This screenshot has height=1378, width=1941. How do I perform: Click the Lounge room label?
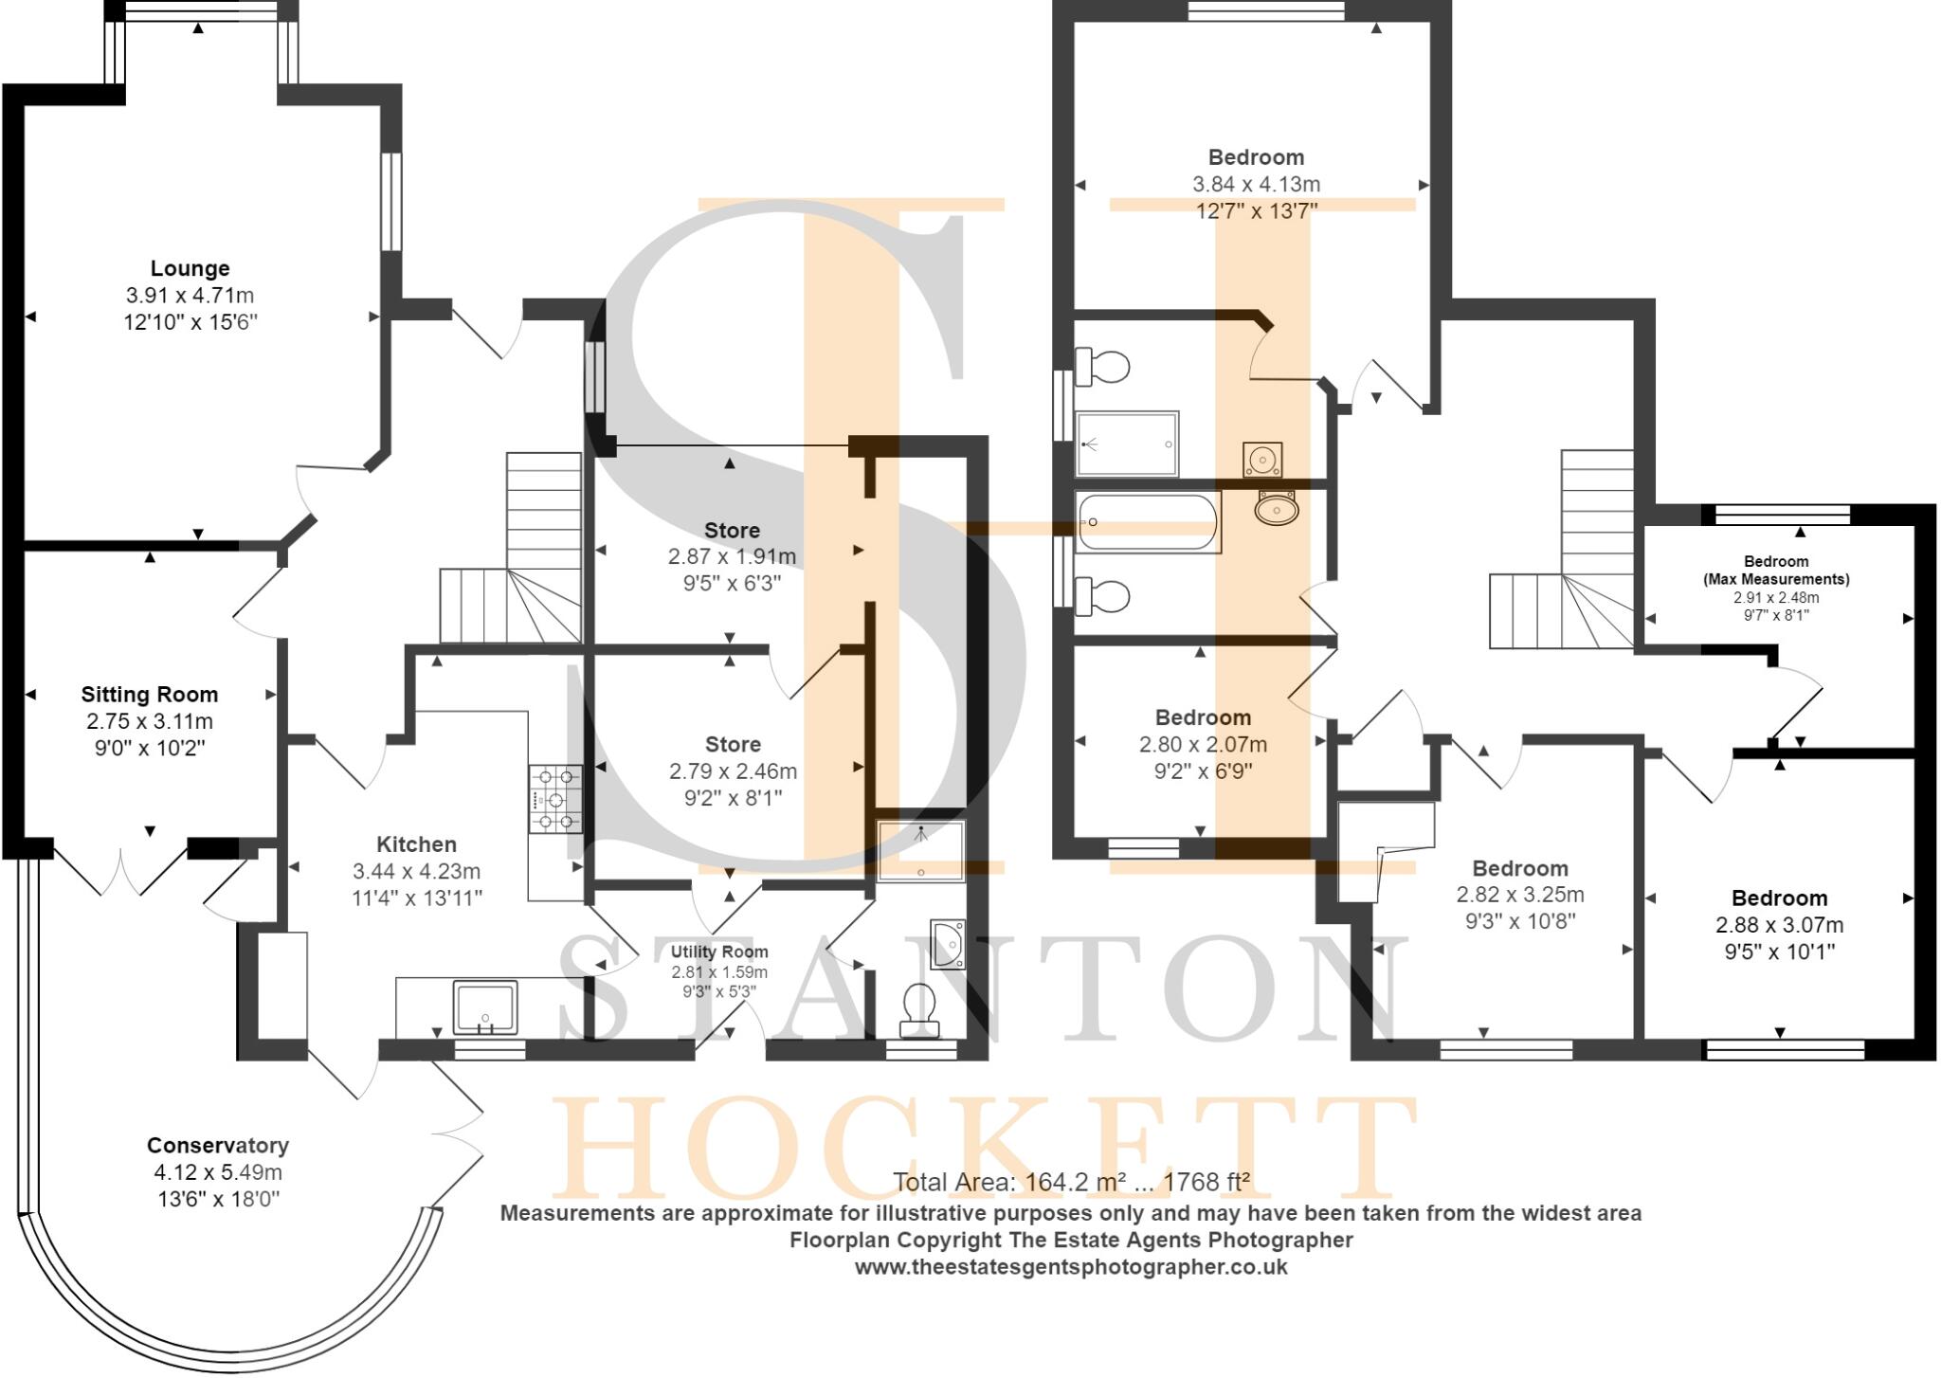(x=190, y=268)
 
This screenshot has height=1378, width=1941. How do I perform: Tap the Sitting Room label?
(x=150, y=694)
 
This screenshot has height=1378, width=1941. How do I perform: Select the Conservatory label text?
(x=218, y=1145)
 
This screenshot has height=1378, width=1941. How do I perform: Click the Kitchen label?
(x=416, y=843)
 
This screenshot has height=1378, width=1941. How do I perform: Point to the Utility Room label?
(x=719, y=952)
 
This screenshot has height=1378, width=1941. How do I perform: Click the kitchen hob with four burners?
(x=555, y=799)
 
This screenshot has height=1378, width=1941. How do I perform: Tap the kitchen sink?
(x=485, y=1007)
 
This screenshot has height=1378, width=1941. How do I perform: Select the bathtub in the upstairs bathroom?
(x=1149, y=522)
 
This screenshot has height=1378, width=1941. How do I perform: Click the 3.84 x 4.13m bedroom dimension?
(x=1256, y=184)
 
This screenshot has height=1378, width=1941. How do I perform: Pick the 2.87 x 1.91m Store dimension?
(x=732, y=556)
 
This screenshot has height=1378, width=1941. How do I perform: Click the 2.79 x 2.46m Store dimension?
(x=733, y=771)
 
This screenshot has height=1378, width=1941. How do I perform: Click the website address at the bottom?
(x=1071, y=1266)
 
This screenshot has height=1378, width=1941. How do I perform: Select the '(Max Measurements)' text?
(x=1776, y=578)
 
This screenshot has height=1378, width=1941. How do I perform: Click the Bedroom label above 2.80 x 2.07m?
(x=1203, y=717)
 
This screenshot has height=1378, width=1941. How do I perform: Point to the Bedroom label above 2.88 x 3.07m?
(x=1779, y=898)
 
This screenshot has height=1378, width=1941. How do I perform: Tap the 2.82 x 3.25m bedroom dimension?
(x=1520, y=894)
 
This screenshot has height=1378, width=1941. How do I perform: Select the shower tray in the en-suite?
(x=1128, y=444)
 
